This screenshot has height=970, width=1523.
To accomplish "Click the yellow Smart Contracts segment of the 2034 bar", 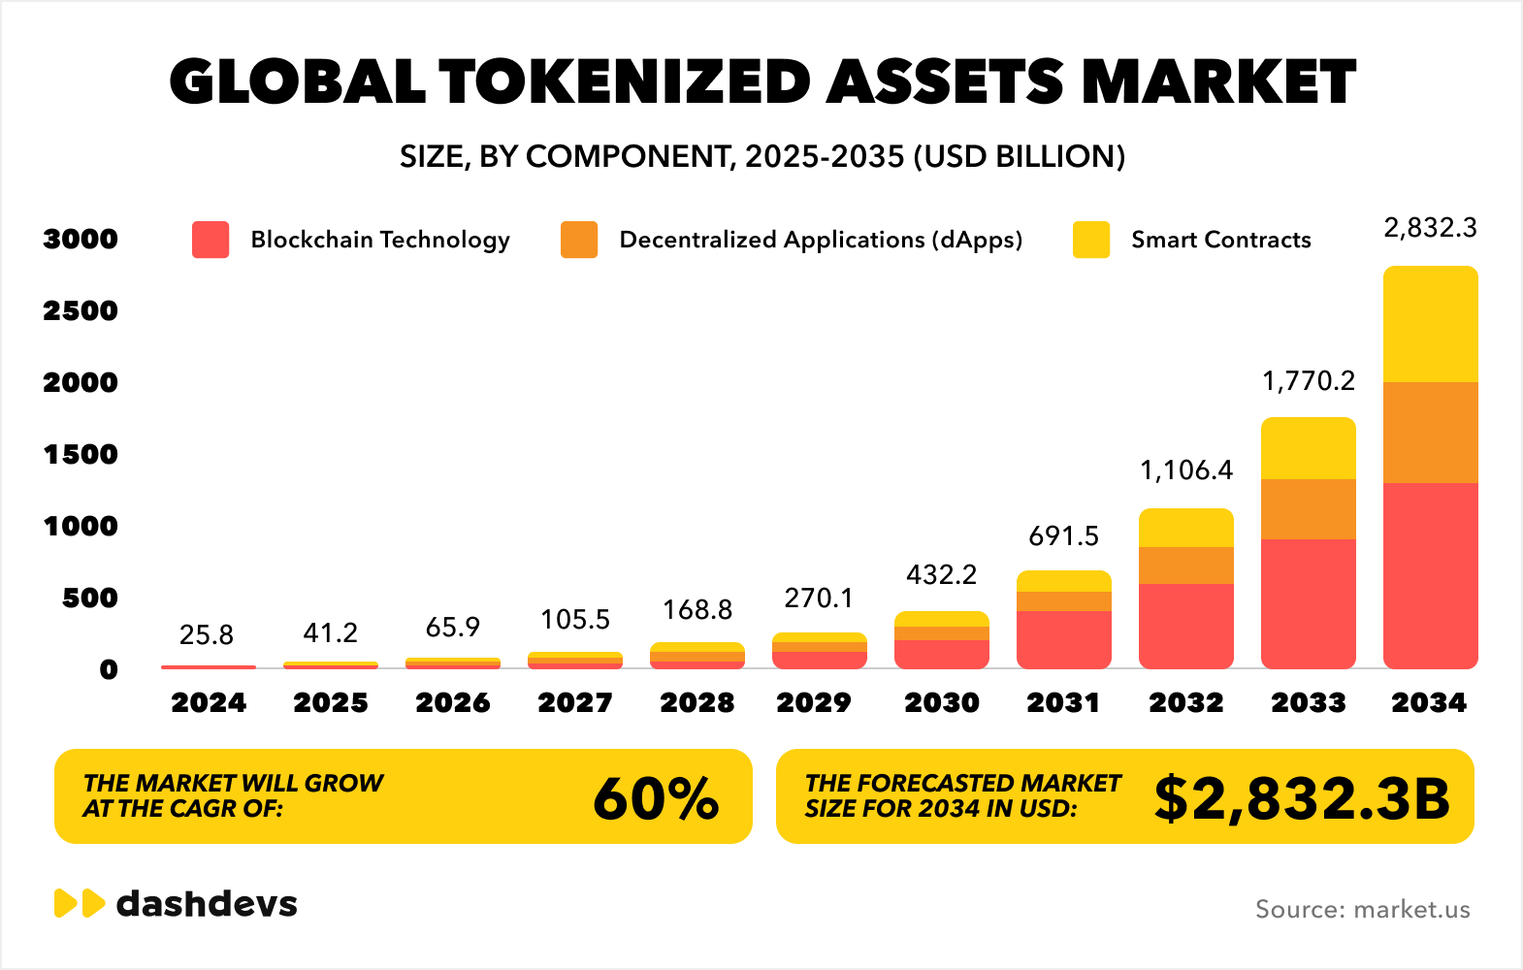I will (1430, 324).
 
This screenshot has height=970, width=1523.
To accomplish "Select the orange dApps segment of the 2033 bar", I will (1308, 509).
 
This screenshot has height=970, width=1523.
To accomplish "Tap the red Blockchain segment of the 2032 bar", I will (1185, 626).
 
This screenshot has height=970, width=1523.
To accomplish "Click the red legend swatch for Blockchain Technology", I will (211, 240).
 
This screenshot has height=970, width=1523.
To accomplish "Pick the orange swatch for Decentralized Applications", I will (579, 240).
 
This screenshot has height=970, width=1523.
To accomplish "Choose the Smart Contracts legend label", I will (1220, 240).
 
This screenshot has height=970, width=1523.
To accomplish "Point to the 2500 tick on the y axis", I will (81, 310).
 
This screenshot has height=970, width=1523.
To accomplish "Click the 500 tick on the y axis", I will (90, 598).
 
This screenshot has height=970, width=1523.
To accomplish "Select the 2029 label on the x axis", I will (814, 702).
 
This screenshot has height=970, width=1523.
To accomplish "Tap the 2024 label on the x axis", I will (209, 702).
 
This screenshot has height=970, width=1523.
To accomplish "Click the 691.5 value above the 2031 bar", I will (1063, 536).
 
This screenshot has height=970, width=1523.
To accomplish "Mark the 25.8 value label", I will (207, 635).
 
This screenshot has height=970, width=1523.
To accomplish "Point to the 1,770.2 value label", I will (1308, 381).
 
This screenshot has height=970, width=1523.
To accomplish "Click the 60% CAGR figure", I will (656, 798).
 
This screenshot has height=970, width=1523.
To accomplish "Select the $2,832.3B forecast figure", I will (1301, 798).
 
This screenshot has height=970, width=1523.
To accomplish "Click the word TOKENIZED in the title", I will (626, 81).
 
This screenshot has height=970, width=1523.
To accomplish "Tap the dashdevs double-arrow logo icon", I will (80, 903).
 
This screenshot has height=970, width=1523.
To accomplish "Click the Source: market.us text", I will (1362, 909).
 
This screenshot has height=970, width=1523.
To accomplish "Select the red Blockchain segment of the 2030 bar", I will (941, 655).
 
